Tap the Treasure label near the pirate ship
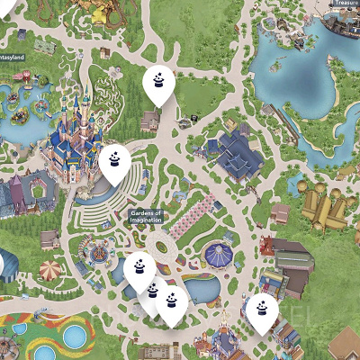coord(346,4)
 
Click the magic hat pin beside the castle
coord(114,163)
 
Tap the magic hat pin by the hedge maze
coord(158,84)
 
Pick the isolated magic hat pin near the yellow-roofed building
coord(263,311)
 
